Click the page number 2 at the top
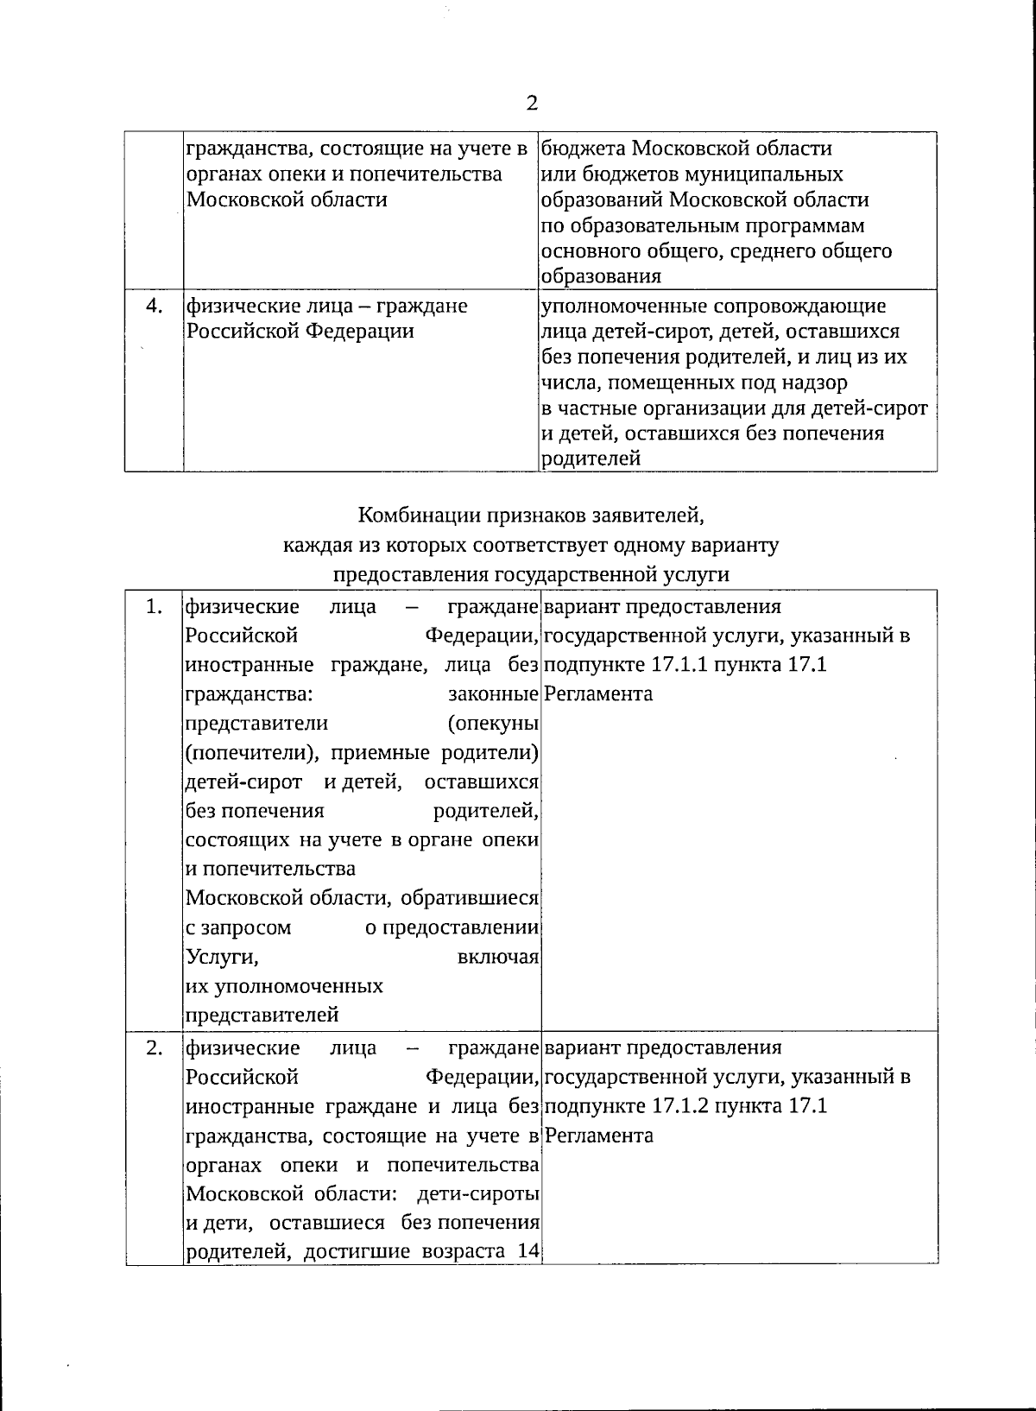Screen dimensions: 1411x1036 pos(532,104)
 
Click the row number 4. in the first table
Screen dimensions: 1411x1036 pos(154,305)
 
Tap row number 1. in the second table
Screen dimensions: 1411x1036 pos(154,607)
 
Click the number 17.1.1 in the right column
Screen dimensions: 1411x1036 pos(697,665)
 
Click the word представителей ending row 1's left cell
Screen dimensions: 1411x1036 pos(262,1015)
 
